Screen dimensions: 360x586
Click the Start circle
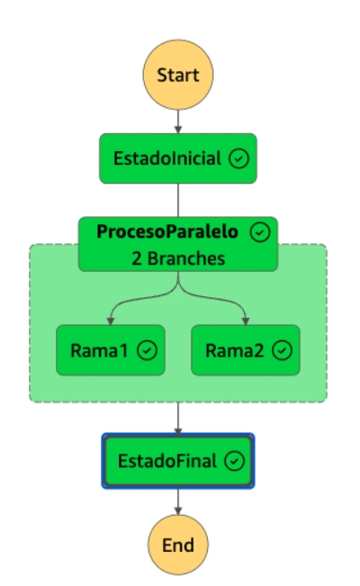pyautogui.click(x=178, y=75)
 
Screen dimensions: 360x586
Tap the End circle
pyautogui.click(x=178, y=545)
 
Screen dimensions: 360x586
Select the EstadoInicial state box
pyautogui.click(x=178, y=158)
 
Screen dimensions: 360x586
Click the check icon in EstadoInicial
pyautogui.click(x=238, y=158)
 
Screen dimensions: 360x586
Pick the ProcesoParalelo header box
pyautogui.click(x=178, y=244)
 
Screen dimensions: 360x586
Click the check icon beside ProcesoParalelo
pyautogui.click(x=260, y=232)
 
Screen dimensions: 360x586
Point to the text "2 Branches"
pyautogui.click(x=178, y=258)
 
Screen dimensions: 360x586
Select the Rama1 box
pyautogui.click(x=111, y=350)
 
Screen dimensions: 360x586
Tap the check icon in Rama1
pyautogui.click(x=147, y=350)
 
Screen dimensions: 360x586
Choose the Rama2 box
pyautogui.click(x=246, y=350)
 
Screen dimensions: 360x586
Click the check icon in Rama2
pyautogui.click(x=283, y=350)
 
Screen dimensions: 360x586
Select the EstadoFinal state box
pyautogui.click(x=178, y=461)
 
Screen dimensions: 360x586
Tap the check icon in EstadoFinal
pyautogui.click(x=234, y=461)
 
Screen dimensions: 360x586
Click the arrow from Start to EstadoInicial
pyautogui.click(x=178, y=122)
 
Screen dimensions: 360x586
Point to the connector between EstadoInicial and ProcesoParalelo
pyautogui.click(x=178, y=200)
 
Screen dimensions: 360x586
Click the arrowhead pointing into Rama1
pyautogui.click(x=111, y=321)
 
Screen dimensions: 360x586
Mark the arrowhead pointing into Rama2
pyautogui.click(x=246, y=321)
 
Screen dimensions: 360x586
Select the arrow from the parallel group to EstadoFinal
pyautogui.click(x=178, y=419)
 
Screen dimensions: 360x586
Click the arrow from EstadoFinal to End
pyautogui.click(x=178, y=501)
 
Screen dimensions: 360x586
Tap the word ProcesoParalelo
pyautogui.click(x=167, y=231)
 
